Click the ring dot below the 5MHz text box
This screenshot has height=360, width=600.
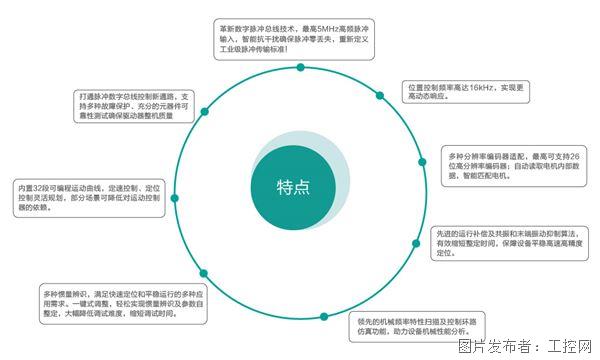coord(301,67)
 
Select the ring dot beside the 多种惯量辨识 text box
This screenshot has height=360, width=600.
coord(203,271)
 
